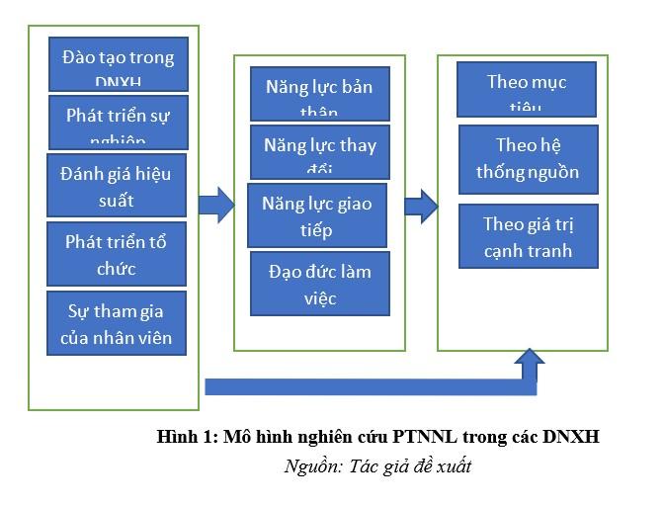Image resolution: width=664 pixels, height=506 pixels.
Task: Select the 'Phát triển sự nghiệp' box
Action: pos(118,122)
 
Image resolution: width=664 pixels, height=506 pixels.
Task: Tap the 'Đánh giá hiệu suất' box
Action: pos(117,186)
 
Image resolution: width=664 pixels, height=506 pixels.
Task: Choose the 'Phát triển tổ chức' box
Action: pos(117,254)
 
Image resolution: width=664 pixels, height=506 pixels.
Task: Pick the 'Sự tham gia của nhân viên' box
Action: pos(117,324)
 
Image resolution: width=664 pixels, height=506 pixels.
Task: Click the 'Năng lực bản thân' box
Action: pos(319,94)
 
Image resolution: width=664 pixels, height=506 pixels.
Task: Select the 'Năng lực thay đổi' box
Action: pos(319,151)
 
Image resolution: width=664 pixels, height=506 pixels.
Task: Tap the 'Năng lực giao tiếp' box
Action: pos(316,215)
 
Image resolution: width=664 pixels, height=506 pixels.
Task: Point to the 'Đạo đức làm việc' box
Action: pos(319,283)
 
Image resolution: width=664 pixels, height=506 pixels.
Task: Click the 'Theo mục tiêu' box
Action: pos(527,89)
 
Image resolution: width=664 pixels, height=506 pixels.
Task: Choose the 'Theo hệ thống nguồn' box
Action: pos(528,158)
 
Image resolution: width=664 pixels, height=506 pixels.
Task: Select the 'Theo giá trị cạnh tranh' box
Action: pos(528,236)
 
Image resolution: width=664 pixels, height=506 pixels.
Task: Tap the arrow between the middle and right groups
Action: pos(421,206)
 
